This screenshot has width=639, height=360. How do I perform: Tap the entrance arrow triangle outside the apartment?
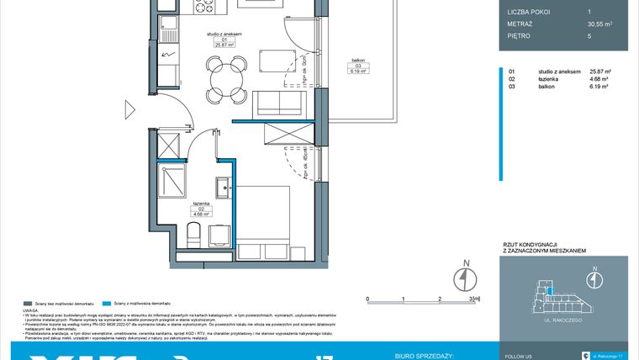pos(129,109)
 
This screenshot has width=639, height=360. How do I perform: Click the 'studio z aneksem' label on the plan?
pos(224,34)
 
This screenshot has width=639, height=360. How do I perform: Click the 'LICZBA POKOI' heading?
pos(528,12)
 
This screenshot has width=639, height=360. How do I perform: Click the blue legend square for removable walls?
pos(105,302)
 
